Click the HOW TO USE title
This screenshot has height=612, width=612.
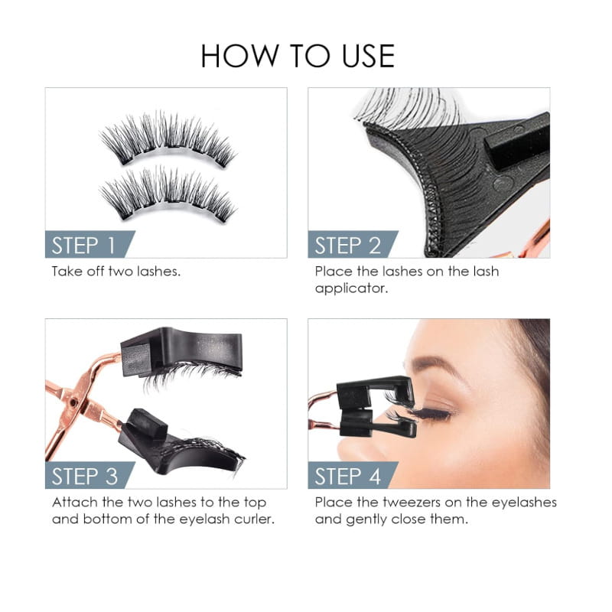(x=298, y=57)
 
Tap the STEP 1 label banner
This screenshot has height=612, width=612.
(x=84, y=245)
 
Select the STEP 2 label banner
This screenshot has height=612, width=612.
(x=348, y=245)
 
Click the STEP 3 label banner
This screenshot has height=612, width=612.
(x=85, y=476)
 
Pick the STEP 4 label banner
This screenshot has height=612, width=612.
(x=348, y=476)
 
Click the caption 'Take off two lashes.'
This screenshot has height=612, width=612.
(x=116, y=272)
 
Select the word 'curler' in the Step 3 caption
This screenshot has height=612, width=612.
(x=253, y=519)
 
